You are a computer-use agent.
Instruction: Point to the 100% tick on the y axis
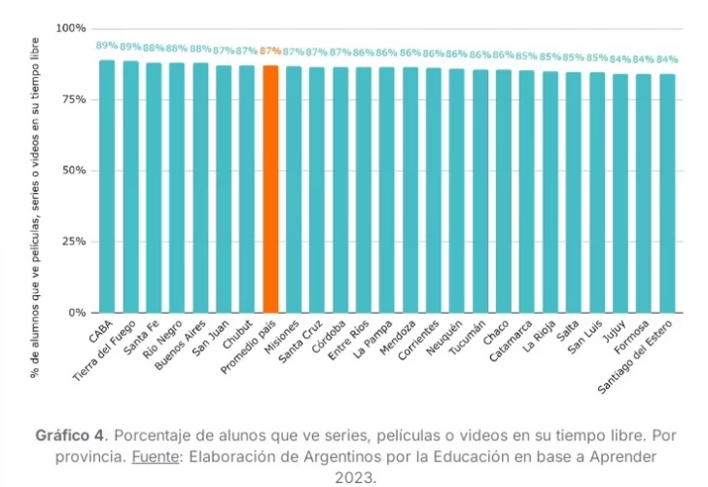[x=71, y=28]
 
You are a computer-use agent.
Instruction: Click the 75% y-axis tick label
[x=74, y=99]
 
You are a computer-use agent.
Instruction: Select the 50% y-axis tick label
[x=74, y=170]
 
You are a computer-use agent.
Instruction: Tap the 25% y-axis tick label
[x=74, y=242]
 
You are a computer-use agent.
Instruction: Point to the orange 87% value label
[x=270, y=51]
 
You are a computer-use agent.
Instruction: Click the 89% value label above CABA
[x=107, y=46]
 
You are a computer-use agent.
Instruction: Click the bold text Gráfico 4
[x=69, y=434]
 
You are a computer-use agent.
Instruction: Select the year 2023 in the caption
[x=354, y=477]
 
